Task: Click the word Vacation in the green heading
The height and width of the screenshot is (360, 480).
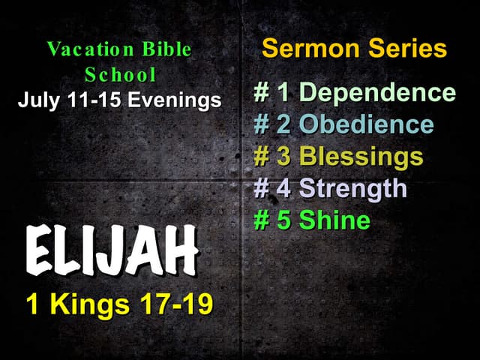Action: point(91,50)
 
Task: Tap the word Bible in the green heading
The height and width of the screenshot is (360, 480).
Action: point(167,50)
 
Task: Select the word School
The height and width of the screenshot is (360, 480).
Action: point(121,75)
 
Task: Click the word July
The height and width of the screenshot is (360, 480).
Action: point(37,100)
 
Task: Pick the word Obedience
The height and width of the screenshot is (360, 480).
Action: point(367,124)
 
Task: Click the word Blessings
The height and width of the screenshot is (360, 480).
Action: point(361,157)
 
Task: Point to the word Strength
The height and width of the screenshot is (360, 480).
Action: point(353,188)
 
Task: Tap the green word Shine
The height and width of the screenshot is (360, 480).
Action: point(334,220)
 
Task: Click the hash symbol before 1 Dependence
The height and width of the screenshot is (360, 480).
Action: point(262,94)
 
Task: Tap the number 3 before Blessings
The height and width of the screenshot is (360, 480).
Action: point(284,157)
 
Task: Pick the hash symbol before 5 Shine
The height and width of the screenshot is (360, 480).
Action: point(262,220)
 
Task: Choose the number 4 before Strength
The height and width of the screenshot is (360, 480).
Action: point(284,188)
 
